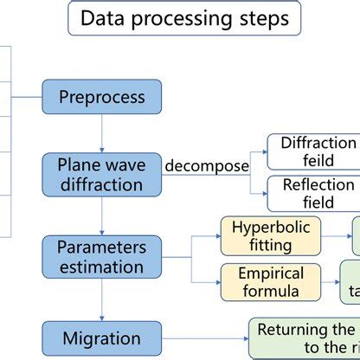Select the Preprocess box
[102, 97]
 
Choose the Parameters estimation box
[102, 256]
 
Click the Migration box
[102, 337]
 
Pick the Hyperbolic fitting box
[271, 235]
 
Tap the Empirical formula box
[271, 282]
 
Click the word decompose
[207, 164]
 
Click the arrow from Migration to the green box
[203, 337]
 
